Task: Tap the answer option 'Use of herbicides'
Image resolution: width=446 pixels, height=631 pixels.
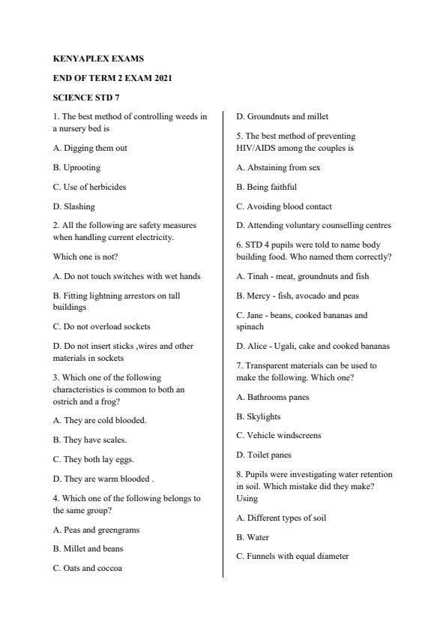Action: [89, 187]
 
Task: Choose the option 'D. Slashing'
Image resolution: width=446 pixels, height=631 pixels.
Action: [74, 206]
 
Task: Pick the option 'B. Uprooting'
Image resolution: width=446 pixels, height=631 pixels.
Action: [76, 167]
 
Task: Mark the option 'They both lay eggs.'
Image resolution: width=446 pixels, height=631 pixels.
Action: [94, 459]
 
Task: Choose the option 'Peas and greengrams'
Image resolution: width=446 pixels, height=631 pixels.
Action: [96, 529]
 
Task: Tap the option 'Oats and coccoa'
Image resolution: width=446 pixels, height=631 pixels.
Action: [88, 568]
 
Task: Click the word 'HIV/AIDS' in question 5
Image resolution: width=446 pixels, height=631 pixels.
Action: [256, 148]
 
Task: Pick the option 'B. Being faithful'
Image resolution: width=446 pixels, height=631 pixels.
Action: [266, 187]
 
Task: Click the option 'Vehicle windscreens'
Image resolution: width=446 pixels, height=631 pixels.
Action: [278, 435]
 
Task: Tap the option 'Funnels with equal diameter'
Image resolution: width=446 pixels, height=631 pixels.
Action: [292, 556]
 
